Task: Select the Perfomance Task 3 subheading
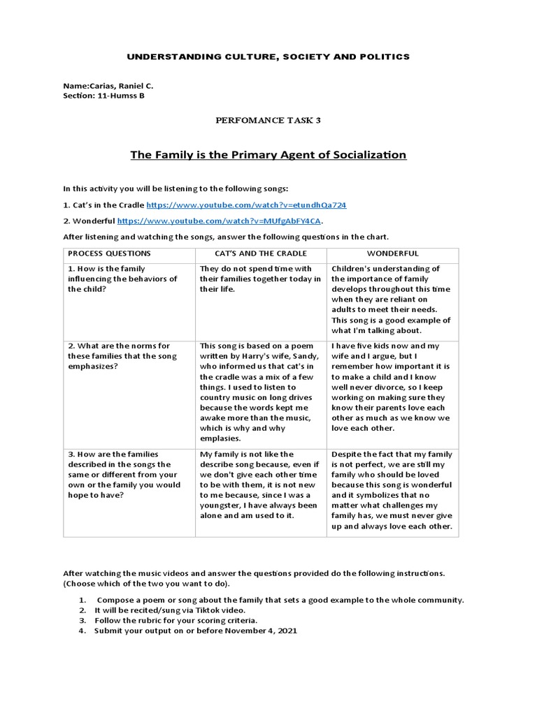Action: click(268, 121)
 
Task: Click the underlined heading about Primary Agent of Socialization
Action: click(268, 154)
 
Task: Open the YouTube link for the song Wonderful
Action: click(219, 221)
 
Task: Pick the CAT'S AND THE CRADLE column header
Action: click(260, 253)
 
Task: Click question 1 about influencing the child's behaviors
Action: click(122, 279)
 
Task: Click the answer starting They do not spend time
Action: click(260, 279)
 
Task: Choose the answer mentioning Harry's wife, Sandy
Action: click(260, 392)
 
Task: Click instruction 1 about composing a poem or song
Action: click(280, 600)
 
